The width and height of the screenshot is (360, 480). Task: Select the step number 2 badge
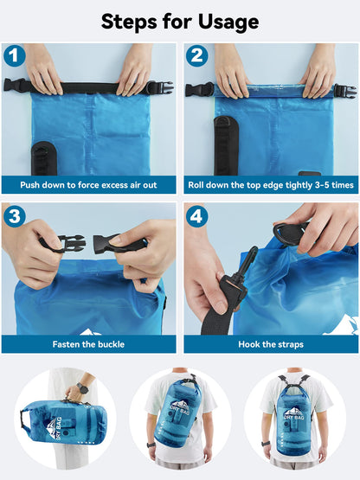tap(197, 57)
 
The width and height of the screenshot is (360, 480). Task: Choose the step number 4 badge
tap(197, 216)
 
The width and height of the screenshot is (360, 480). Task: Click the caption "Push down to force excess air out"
tap(89, 185)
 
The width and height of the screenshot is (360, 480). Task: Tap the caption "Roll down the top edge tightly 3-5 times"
tap(270, 185)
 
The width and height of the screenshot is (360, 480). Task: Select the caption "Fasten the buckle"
tap(89, 344)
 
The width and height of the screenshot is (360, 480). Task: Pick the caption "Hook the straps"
tap(270, 344)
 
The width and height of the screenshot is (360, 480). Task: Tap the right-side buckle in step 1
tap(159, 87)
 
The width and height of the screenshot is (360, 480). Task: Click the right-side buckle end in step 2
tap(344, 90)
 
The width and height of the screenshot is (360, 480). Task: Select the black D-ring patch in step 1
tap(40, 157)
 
